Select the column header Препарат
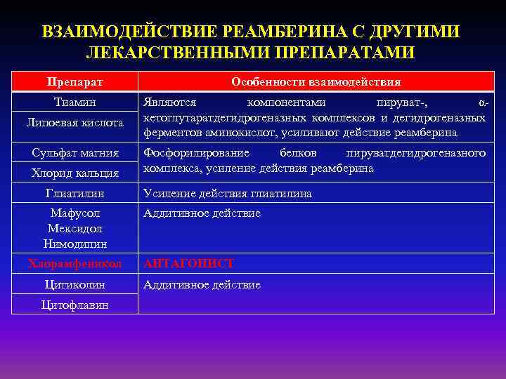coord(75,81)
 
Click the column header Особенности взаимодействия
coord(316,81)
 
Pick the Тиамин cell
coord(75,102)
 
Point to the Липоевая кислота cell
coord(75,123)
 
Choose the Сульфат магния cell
coord(75,152)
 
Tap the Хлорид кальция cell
coord(75,173)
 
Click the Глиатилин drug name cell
coord(75,194)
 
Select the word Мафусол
coord(75,213)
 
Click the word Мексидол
coord(75,228)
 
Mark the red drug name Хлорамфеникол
coord(75,264)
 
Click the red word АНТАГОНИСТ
coord(188,264)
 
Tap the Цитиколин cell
coord(75,285)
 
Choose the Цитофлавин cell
coord(75,305)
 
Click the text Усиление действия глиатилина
coord(227,194)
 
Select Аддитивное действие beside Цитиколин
coord(202,285)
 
